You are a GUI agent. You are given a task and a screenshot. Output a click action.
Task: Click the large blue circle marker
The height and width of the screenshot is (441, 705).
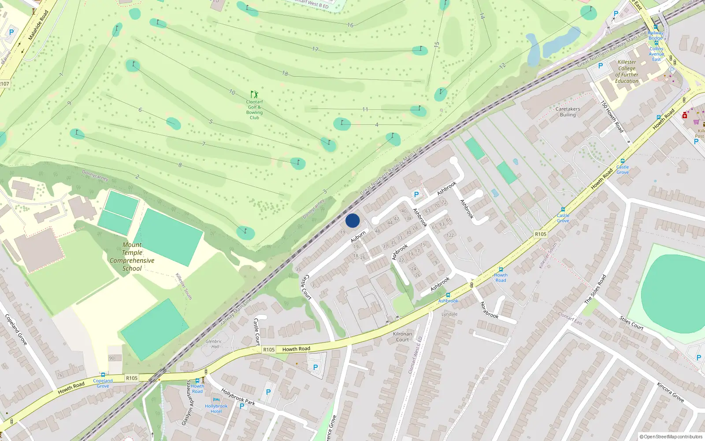coord(352,220)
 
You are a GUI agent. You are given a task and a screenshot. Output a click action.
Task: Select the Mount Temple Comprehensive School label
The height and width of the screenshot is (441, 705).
coord(132,257)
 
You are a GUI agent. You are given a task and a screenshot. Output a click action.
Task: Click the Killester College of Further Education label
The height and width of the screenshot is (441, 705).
coord(627,72)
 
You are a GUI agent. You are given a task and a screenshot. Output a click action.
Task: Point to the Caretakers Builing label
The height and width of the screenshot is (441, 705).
coord(568,112)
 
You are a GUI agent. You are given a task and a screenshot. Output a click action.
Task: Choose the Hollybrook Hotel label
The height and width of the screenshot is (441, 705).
coord(216,409)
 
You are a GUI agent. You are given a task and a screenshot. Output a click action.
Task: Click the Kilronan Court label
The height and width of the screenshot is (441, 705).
coord(402,337)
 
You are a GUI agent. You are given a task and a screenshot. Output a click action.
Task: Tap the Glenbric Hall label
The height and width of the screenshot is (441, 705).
coord(214,344)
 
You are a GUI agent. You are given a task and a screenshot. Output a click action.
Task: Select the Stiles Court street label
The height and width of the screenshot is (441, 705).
coord(631,323)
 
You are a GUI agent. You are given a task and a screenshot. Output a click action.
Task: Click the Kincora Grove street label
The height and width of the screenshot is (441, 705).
coord(670,392)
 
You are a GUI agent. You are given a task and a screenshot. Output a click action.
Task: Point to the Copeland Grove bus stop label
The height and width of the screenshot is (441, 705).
coord(103,383)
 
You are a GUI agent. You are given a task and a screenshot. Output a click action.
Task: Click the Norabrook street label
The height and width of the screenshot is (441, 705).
coord(489,310)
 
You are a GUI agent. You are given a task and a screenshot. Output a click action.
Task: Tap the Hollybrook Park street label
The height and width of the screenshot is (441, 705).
coord(238,397)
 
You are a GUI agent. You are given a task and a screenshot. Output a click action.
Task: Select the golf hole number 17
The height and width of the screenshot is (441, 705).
coord(315,49)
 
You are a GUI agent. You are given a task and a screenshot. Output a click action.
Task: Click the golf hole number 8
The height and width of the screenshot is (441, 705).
coord(180,165)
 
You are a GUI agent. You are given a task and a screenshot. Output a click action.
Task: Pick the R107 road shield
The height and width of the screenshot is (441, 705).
coord(4,84)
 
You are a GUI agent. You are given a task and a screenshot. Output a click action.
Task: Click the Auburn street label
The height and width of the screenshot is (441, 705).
coord(358,237)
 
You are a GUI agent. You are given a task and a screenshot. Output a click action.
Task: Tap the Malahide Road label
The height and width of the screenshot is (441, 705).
coord(38,26)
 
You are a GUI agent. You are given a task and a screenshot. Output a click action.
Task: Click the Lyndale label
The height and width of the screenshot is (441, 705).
coord(449,314)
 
